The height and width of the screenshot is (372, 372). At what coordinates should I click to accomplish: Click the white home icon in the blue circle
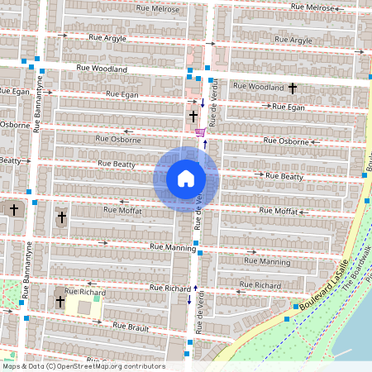[186, 179]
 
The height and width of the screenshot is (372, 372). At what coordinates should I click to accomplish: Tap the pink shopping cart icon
[200, 132]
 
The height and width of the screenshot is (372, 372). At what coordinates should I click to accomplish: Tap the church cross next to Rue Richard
[60, 302]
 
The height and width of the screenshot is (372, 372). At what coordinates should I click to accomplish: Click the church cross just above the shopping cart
[193, 117]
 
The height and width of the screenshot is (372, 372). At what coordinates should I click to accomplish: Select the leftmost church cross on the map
[13, 210]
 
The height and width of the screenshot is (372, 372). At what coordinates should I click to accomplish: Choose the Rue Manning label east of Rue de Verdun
[269, 260]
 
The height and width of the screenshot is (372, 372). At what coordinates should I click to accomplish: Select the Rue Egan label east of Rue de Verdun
[289, 107]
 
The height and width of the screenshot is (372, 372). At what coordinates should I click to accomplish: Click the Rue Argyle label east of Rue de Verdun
[292, 40]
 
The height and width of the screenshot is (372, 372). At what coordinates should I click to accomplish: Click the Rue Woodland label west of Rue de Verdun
[102, 69]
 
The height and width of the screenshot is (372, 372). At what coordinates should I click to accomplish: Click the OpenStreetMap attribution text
[83, 366]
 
